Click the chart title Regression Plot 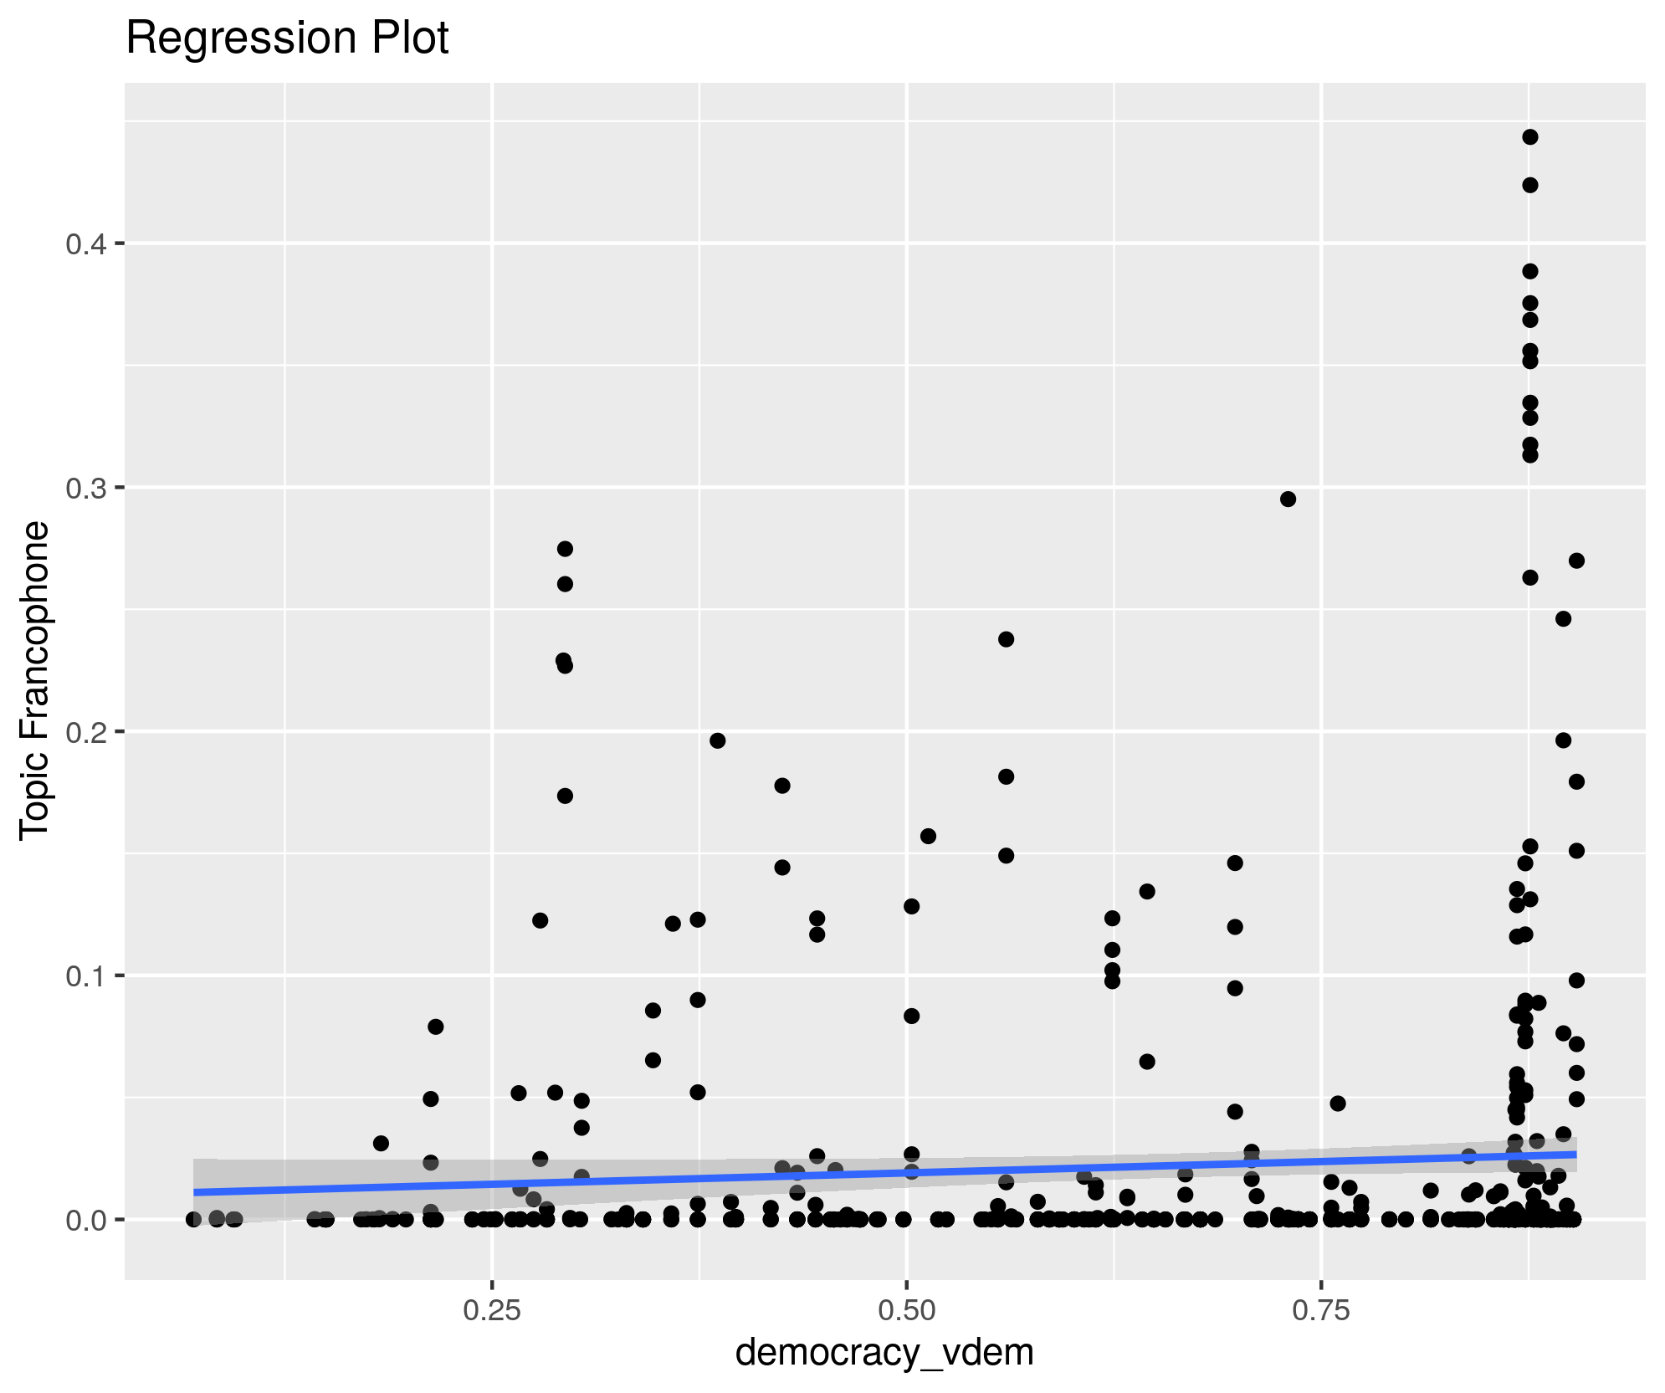(x=287, y=38)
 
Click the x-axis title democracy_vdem (x=884, y=1351)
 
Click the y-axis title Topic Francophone (x=35, y=679)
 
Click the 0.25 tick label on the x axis (x=492, y=1310)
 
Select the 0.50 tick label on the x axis (x=906, y=1310)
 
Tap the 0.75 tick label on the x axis (x=1320, y=1310)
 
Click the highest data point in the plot (x=1530, y=137)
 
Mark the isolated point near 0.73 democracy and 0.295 (x=1288, y=499)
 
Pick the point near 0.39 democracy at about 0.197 (x=718, y=740)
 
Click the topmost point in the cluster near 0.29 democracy (x=565, y=549)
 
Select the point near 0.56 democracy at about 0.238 (x=1007, y=639)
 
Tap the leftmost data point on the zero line (x=194, y=1219)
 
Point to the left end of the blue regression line (x=195, y=1191)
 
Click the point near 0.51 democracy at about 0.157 (x=928, y=837)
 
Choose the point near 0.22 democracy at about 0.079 (x=436, y=1027)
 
